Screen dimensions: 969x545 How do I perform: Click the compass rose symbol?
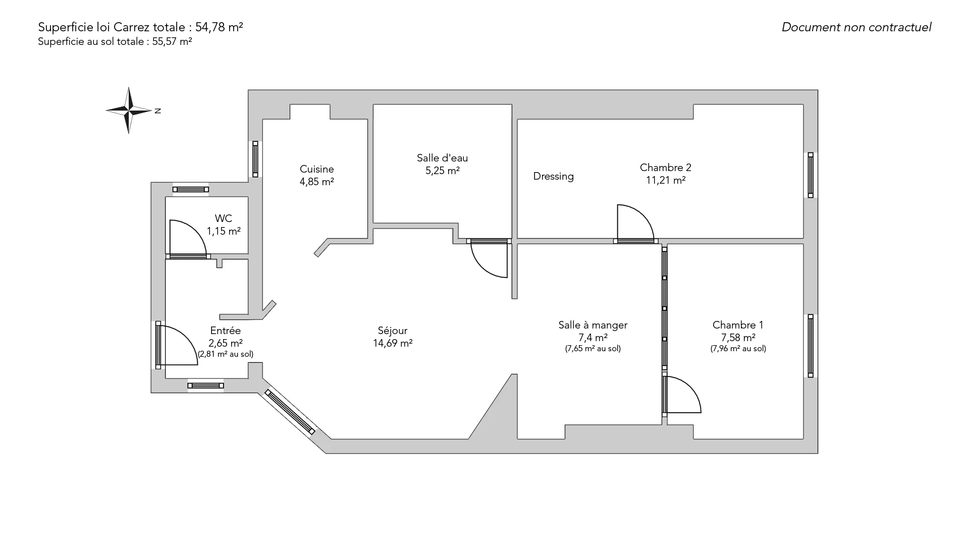[129, 110]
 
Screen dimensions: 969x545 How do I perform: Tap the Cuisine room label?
[317, 169]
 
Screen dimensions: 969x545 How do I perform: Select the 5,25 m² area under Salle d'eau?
[443, 171]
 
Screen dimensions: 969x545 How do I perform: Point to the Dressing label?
[554, 177]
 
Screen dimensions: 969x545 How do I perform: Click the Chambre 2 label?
[666, 168]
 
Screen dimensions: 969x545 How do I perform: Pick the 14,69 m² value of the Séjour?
[393, 344]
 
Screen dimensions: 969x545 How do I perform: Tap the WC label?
[224, 219]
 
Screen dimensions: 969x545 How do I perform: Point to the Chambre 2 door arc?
[636, 222]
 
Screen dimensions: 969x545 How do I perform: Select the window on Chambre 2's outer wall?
[811, 175]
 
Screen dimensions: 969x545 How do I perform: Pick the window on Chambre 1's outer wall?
[811, 346]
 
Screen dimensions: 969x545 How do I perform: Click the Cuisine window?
[255, 159]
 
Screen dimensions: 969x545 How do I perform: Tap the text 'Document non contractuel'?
[856, 27]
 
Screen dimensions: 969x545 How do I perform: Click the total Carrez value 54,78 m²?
[219, 27]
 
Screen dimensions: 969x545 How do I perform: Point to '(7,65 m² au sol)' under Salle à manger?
[593, 349]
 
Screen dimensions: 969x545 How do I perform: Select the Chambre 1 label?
[738, 325]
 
